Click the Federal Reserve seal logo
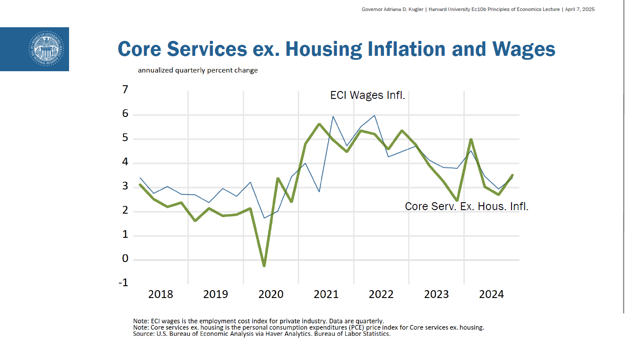pos(46,49)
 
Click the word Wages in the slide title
pos(523,49)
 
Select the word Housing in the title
pos(324,49)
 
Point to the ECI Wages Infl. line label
pos(367,95)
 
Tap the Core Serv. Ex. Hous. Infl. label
pos(466,207)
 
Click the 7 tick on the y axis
pos(125,90)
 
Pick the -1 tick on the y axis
pos(124,283)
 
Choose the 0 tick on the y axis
pos(125,258)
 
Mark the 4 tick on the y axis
pos(125,162)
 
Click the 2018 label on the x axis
pos(161,295)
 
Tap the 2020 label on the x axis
pos(271,295)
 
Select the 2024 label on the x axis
pos(491,295)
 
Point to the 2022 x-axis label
pos(381,295)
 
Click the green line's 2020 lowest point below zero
pos(264,265)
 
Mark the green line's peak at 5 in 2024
pos(471,140)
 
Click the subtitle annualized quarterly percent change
pos(197,70)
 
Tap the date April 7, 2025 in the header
pos(580,9)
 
